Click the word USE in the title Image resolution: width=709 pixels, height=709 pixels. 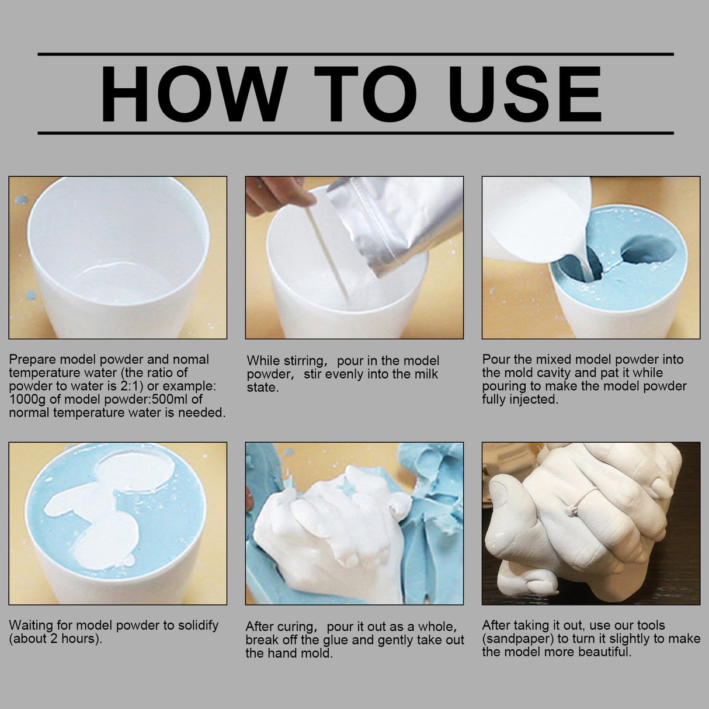(524, 95)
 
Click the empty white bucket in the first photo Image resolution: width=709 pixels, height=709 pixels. (117, 257)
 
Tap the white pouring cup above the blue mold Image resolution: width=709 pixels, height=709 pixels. (534, 219)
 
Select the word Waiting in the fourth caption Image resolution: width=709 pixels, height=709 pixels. (32, 625)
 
